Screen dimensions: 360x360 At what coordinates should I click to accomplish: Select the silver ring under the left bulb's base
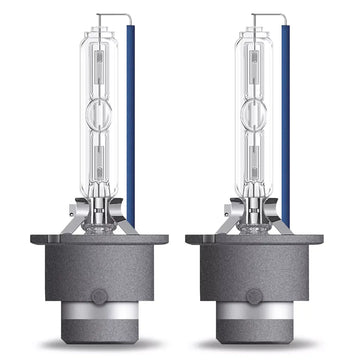(98, 321)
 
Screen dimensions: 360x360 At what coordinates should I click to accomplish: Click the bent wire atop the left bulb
(114, 15)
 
